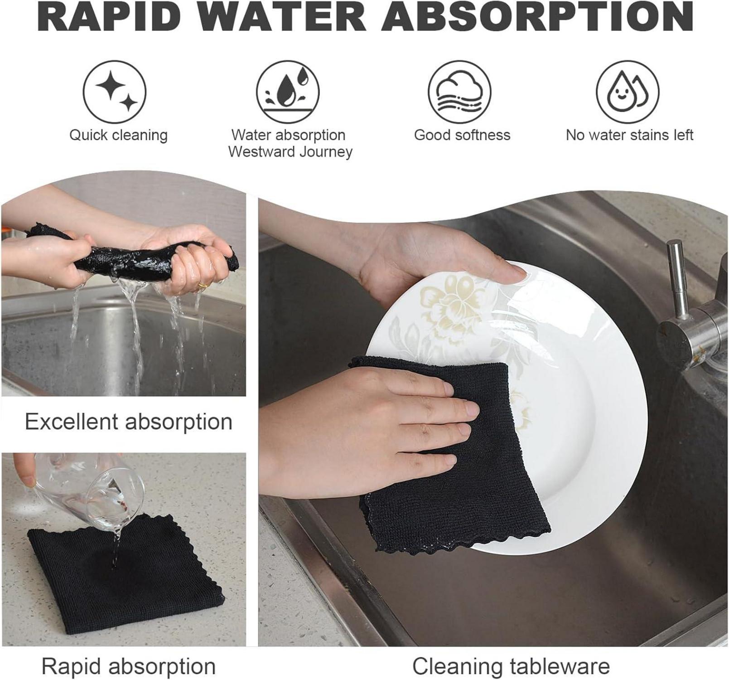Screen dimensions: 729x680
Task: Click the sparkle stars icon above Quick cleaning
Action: coord(114,92)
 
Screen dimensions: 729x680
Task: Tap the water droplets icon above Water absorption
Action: coord(288,92)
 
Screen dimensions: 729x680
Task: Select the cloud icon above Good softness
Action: coord(460,92)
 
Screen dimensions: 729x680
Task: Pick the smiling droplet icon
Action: coord(628,92)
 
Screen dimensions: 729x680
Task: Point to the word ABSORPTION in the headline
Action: coord(538,17)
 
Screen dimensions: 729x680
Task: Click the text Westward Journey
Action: coord(290,152)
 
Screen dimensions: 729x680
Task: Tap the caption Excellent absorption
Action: coord(129,422)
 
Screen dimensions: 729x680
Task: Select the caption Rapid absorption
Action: coord(129,666)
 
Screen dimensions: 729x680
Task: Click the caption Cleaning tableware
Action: coord(511,666)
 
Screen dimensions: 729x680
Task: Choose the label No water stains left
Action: coord(629,135)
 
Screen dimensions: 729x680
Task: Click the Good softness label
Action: coord(462,135)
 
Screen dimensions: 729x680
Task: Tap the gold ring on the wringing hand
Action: coord(203,285)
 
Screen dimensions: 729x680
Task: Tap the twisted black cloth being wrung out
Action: coord(131,256)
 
